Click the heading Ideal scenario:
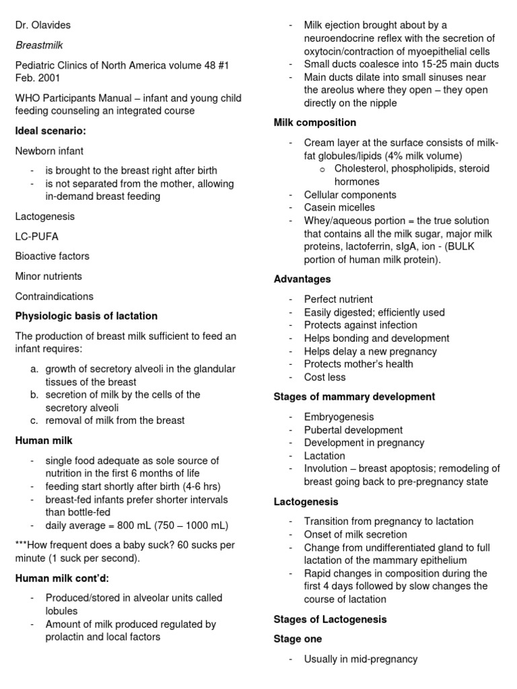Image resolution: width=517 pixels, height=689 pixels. click(x=50, y=131)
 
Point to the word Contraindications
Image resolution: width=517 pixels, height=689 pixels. click(x=55, y=296)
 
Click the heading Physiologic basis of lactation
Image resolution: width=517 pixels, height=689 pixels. click(x=86, y=316)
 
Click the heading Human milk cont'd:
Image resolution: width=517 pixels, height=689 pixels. click(x=62, y=577)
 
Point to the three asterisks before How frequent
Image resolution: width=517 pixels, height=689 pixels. click(x=22, y=545)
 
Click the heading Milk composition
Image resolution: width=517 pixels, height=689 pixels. click(x=315, y=122)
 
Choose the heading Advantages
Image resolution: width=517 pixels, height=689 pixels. click(x=302, y=279)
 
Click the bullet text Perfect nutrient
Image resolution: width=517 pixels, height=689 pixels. click(x=338, y=299)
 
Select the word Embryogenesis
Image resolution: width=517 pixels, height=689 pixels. click(x=339, y=417)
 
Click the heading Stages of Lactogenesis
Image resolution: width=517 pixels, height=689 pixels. click(x=330, y=619)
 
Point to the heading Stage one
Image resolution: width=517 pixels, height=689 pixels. click(x=298, y=639)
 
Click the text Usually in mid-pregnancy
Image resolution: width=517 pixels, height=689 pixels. click(x=361, y=659)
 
